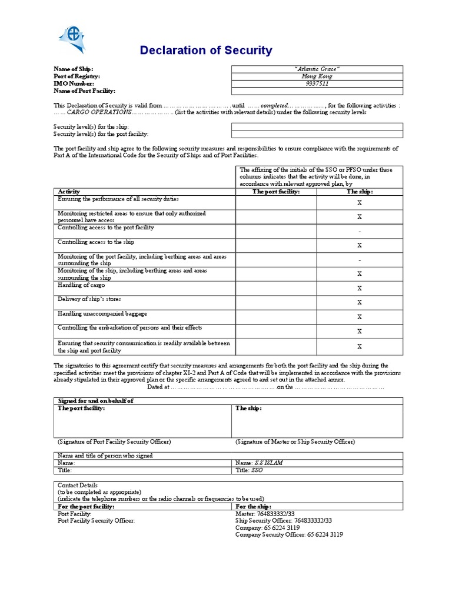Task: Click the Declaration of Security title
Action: (x=206, y=51)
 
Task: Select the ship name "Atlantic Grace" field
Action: (x=317, y=69)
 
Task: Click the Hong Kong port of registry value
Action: (x=317, y=76)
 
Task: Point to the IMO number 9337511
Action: (x=317, y=83)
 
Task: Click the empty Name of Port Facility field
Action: (x=317, y=91)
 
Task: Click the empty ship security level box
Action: (x=317, y=126)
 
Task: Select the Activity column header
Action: (x=69, y=192)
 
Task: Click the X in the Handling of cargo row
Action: (x=360, y=288)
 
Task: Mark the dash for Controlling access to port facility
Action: (x=360, y=231)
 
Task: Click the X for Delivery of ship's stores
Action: (x=360, y=302)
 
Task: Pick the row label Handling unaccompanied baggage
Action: (x=102, y=313)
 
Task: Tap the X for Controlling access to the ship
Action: (x=360, y=245)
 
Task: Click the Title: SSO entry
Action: (x=249, y=471)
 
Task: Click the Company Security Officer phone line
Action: (x=289, y=534)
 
